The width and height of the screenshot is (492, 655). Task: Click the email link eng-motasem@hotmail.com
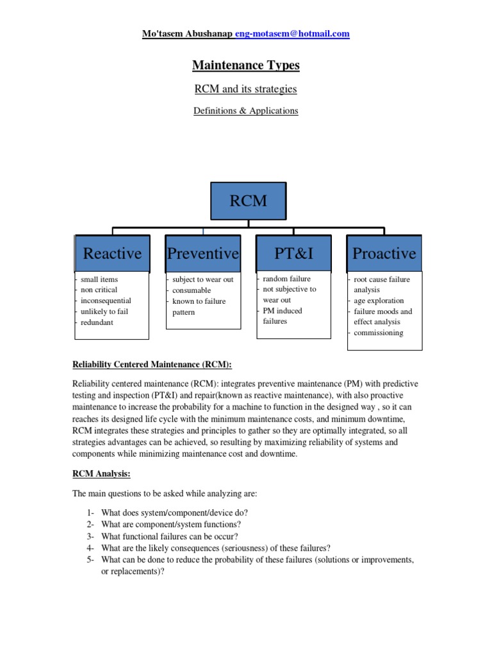293,34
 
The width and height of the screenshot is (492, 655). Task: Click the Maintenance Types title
246,65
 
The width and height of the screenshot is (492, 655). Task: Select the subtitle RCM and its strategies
246,89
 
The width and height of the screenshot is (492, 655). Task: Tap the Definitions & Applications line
246,111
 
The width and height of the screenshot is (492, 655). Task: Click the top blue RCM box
249,201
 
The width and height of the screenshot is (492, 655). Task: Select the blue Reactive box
112,253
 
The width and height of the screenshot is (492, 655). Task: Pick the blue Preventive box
203,253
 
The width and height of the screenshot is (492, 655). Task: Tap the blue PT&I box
293,253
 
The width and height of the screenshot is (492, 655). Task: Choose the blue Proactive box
384,253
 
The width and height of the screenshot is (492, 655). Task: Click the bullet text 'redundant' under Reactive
97,322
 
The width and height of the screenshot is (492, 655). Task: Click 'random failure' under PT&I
286,279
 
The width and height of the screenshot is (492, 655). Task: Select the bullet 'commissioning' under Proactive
379,333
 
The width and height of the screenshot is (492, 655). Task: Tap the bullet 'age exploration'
379,301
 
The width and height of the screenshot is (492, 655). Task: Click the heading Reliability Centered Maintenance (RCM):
151,365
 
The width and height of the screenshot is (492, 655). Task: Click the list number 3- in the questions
90,536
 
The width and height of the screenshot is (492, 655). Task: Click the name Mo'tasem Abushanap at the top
188,34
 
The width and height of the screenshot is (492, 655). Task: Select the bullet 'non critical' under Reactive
99,290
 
